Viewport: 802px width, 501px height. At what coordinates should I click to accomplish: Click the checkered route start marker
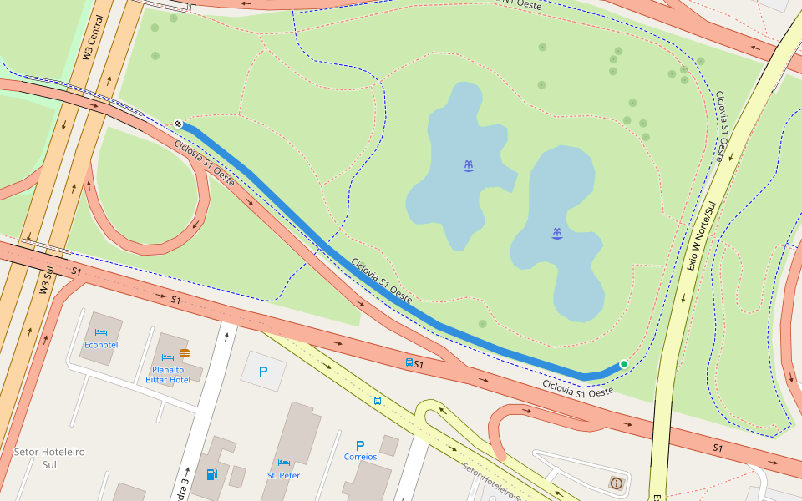179,124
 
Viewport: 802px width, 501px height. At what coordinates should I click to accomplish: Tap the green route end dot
623,364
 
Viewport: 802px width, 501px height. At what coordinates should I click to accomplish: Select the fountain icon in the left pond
468,165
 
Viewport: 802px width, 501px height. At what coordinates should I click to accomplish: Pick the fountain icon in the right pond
557,233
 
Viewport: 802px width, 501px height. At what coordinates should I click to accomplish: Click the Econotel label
101,344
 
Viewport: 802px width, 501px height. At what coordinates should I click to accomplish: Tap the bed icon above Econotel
101,332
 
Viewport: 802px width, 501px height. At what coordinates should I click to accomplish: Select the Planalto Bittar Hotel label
168,374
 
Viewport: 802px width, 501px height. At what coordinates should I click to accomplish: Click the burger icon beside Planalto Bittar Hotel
184,354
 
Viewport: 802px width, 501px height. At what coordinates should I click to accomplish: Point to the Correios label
360,457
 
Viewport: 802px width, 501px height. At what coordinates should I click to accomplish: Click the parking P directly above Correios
360,445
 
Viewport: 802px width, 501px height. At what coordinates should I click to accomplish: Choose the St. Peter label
283,475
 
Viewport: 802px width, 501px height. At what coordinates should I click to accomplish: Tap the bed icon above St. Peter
283,463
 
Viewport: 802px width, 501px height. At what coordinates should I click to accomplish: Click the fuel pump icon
211,474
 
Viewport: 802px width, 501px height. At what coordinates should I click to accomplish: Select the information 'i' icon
617,483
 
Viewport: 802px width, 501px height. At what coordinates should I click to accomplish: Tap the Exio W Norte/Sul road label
703,236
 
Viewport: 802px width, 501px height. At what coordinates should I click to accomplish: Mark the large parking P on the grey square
263,372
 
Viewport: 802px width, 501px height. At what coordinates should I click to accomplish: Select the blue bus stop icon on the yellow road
378,401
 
